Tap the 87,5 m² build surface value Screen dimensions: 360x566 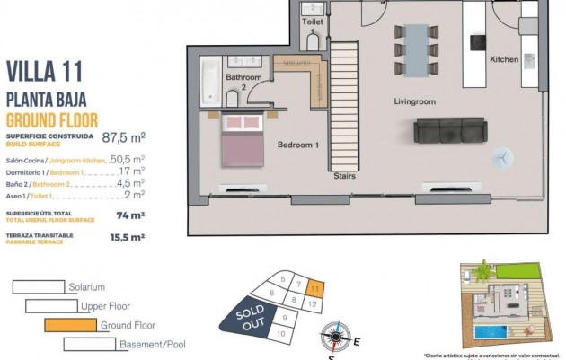point(124,138)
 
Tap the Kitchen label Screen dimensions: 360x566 point(504,59)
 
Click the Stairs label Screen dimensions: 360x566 point(343,176)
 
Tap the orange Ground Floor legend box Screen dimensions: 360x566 point(71,325)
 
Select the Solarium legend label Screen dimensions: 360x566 point(86,287)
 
